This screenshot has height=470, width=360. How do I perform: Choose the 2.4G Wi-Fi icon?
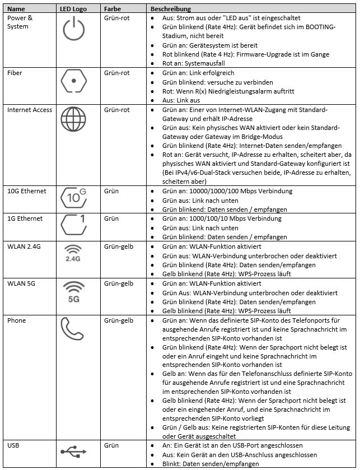tap(73, 255)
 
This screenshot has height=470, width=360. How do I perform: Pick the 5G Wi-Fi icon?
tap(73, 292)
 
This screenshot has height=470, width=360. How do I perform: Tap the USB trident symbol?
tap(73, 449)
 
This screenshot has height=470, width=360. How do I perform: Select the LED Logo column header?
tap(73, 10)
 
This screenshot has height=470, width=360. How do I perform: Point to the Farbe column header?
tap(113, 10)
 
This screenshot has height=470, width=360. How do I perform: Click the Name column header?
tap(16, 10)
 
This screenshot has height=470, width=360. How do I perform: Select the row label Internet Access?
tap(29, 110)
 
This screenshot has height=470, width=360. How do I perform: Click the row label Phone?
tap(16, 321)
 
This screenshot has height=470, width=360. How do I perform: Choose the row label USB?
tap(13, 445)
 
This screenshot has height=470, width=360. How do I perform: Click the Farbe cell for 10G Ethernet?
tap(112, 192)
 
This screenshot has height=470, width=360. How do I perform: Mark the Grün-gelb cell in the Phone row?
tap(119, 321)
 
